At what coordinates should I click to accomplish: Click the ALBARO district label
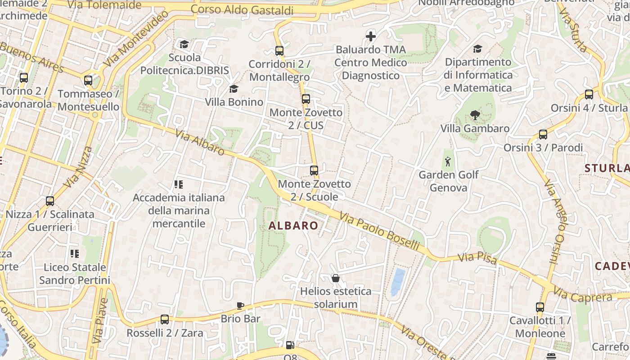coord(293,225)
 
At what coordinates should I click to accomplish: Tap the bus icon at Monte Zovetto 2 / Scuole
coord(314,171)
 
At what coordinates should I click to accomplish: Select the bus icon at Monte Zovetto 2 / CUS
coord(306,99)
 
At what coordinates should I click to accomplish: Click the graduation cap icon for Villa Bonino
coord(234,89)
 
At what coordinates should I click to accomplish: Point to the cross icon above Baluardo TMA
coord(371,36)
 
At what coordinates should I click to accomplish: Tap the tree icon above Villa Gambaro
coord(475,115)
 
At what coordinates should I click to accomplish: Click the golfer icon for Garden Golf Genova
coord(448,162)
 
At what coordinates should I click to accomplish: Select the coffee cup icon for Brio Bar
coord(240,306)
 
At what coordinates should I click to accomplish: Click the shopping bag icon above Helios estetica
coord(335,278)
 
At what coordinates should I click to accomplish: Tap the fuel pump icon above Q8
coord(290,345)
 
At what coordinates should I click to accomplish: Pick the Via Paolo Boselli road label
coord(379,232)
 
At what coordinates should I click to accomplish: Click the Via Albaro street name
coord(200,143)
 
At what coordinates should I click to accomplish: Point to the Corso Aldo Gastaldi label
coord(242,9)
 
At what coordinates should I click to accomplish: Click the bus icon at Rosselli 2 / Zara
coord(165,319)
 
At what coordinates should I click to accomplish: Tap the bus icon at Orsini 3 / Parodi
coord(543,134)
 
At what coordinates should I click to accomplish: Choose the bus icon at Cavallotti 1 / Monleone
coord(540,307)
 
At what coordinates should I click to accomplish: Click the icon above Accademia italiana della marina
coord(179,184)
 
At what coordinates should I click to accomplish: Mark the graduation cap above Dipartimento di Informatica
coord(477,49)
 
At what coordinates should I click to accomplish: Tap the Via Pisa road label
coord(477,259)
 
